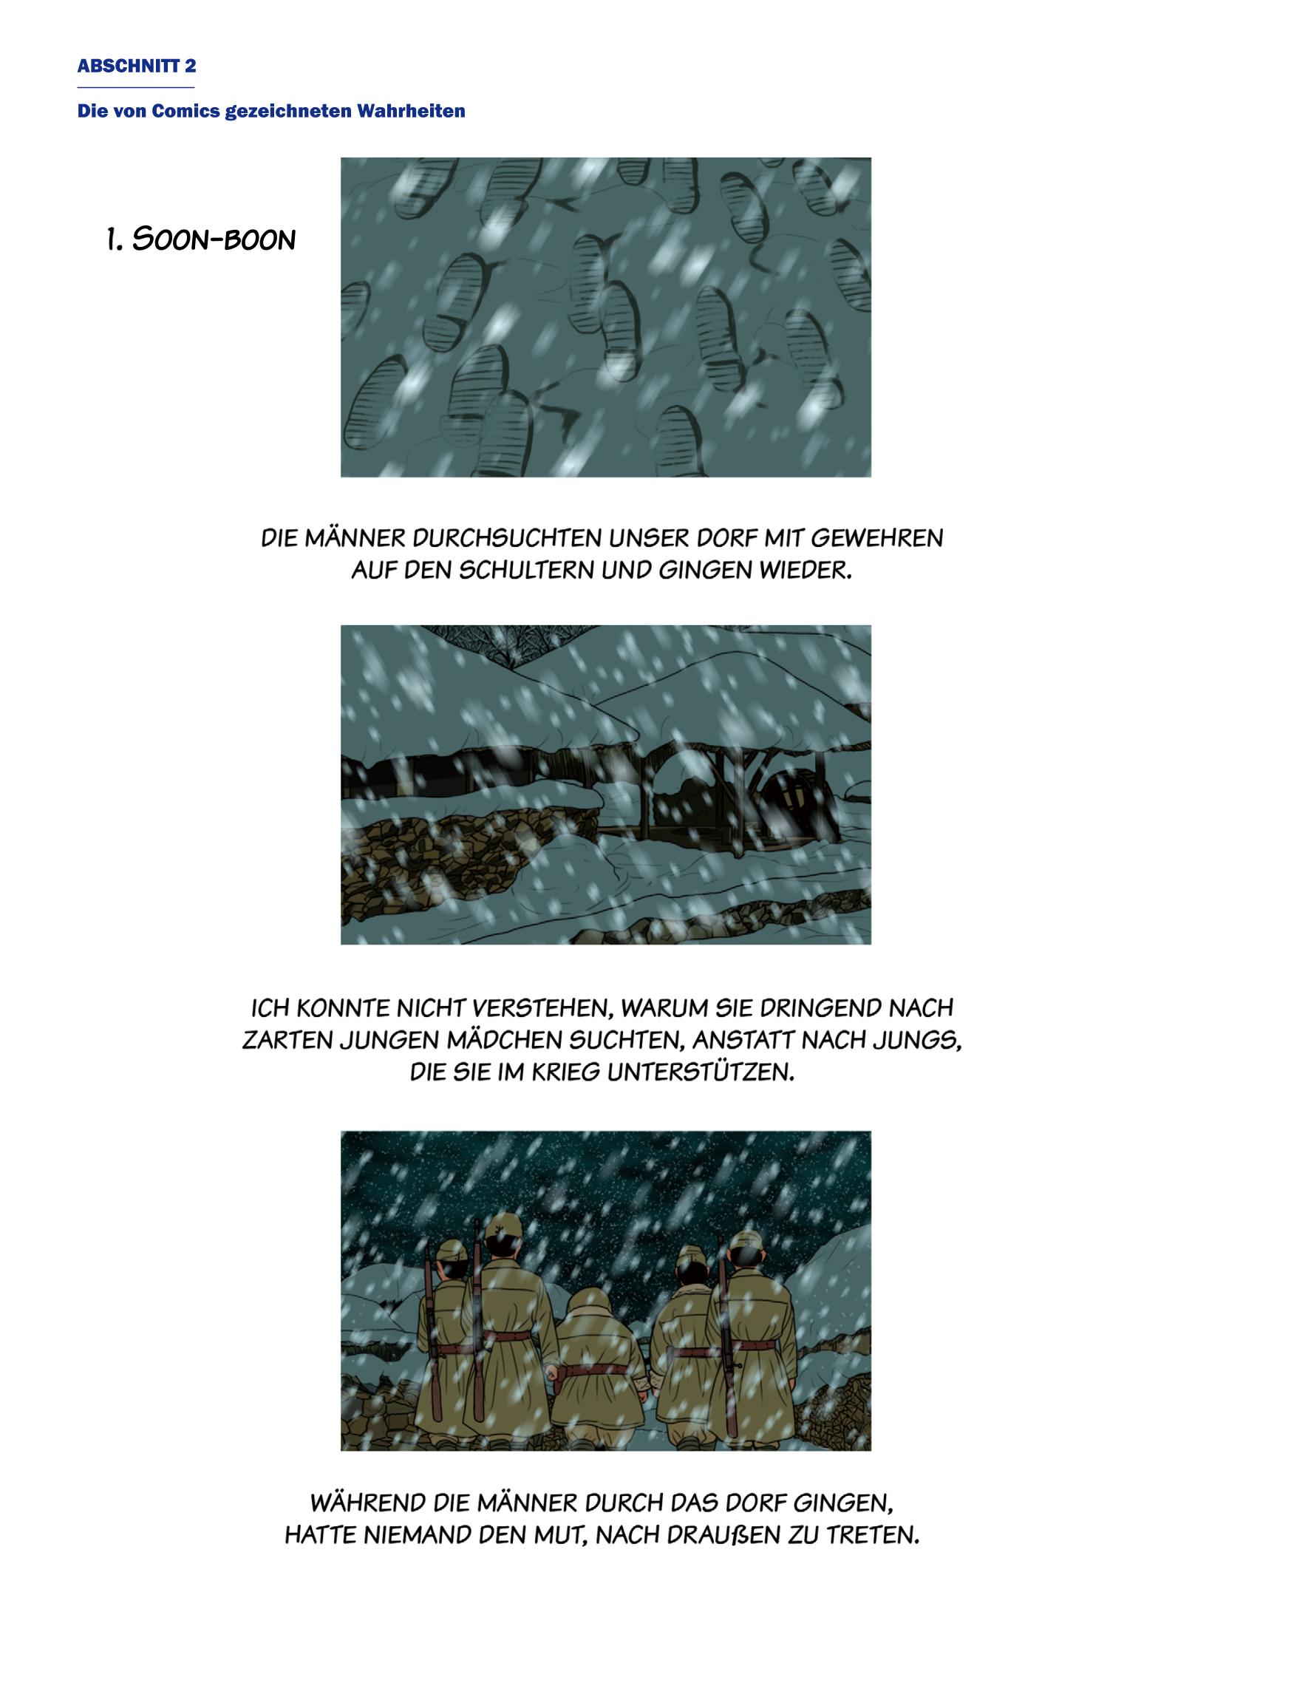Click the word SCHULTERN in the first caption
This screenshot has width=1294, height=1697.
tap(530, 571)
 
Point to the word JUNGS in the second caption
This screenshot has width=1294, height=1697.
tap(919, 1041)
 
